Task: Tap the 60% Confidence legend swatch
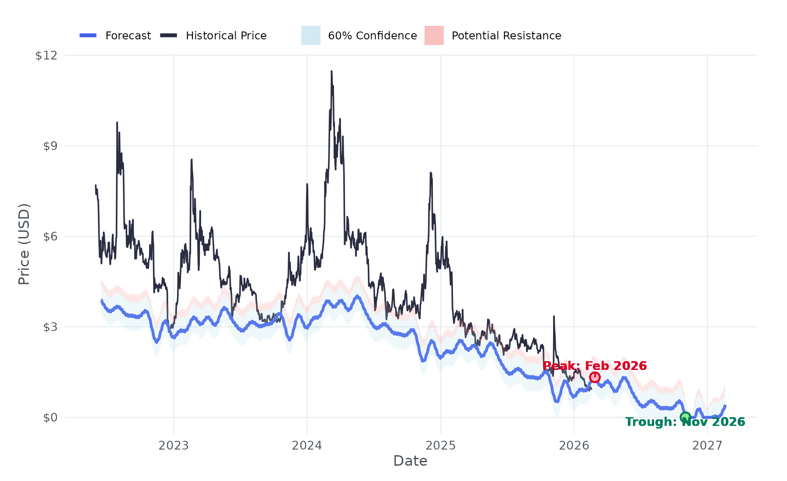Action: click(310, 35)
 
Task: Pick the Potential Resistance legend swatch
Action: click(434, 35)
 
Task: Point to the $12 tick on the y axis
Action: click(46, 56)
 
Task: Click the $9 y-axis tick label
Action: click(50, 146)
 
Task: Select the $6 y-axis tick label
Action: click(50, 237)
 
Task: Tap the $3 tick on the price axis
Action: click(50, 327)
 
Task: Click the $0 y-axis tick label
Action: click(50, 418)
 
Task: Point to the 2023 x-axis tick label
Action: click(174, 446)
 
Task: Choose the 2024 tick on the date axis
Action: click(307, 446)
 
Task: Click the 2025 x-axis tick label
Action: click(441, 446)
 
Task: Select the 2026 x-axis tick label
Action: click(574, 446)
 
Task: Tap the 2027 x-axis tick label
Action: click(707, 446)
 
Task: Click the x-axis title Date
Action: click(410, 461)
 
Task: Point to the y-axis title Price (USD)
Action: click(24, 244)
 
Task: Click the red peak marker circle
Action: click(595, 377)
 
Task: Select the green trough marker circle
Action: click(685, 417)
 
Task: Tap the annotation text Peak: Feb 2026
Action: click(595, 366)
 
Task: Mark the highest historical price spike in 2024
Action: click(331, 71)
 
